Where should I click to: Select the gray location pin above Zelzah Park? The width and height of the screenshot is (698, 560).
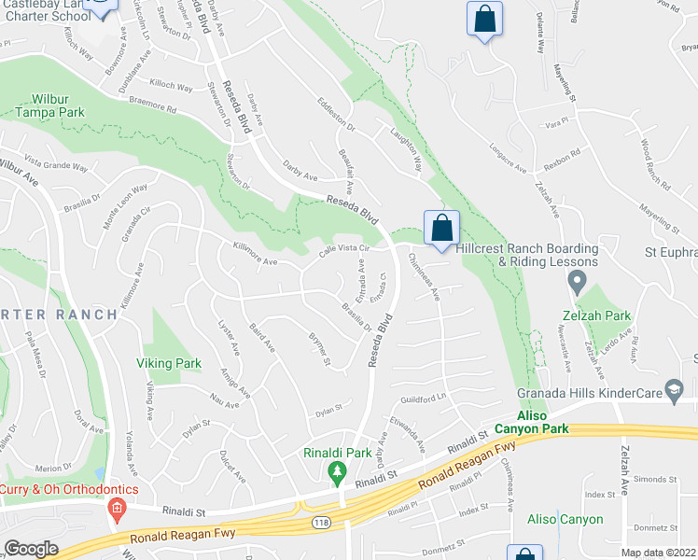(578, 280)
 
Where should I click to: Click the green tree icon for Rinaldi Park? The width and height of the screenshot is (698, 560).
(337, 473)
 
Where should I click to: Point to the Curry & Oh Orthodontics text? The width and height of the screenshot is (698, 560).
(69, 489)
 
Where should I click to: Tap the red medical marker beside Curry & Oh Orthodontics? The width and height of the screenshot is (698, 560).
(117, 509)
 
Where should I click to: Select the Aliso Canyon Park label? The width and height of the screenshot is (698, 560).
(555, 421)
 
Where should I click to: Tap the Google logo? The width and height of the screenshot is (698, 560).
(31, 549)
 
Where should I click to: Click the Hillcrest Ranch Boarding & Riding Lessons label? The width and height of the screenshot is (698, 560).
(527, 255)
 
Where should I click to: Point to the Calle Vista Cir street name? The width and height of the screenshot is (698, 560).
(345, 252)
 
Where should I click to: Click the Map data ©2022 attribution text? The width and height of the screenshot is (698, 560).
(659, 553)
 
